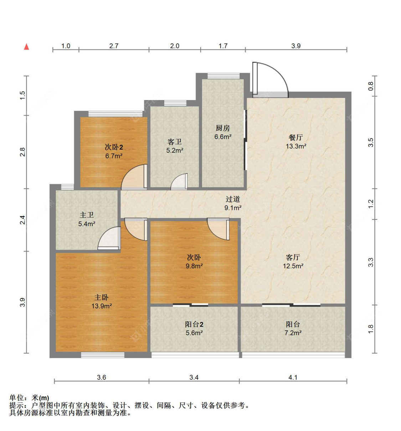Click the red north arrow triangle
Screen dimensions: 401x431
coord(26,47)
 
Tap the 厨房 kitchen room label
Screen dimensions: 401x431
coord(223,128)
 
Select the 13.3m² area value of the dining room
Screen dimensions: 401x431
coord(296,146)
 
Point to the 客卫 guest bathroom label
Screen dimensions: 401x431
coord(175,142)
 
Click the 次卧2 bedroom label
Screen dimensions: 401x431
coord(114,147)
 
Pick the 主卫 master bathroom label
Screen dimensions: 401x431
coord(87,215)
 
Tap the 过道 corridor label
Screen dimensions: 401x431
coord(233,199)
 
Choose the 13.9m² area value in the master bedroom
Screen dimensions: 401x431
coord(102,306)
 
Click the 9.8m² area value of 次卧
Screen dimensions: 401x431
coord(194,266)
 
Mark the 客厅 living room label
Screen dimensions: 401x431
coord(293,258)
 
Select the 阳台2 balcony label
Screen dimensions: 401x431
coord(194,324)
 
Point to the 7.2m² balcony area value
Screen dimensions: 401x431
coord(293,333)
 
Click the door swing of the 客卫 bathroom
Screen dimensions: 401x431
coord(176,179)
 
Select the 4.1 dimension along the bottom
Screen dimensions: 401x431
coord(293,378)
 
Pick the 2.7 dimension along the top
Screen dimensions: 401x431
coord(114,46)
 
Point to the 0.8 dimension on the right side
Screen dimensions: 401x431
coord(371,86)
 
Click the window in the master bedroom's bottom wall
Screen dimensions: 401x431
coord(103,355)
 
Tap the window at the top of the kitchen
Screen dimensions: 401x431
coord(223,76)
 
